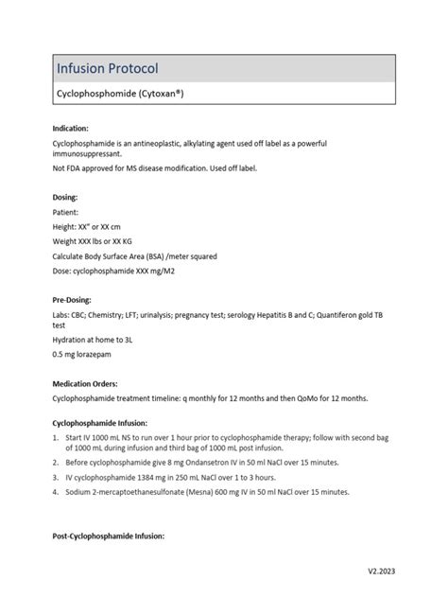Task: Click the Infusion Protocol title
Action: coord(107,68)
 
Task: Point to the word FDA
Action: coord(72,167)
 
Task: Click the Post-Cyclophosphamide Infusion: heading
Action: coord(108,536)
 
